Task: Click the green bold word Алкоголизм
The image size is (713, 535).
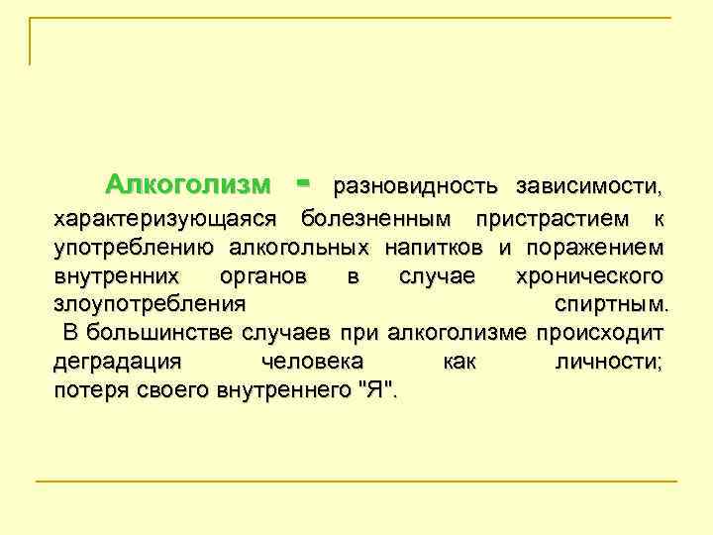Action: coord(187,184)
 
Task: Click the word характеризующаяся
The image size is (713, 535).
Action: coord(168,217)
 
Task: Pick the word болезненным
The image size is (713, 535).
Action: coord(377,217)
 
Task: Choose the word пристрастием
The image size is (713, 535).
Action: coord(552,217)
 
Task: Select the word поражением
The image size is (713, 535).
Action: coord(600,246)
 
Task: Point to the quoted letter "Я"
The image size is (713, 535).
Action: coord(379,389)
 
